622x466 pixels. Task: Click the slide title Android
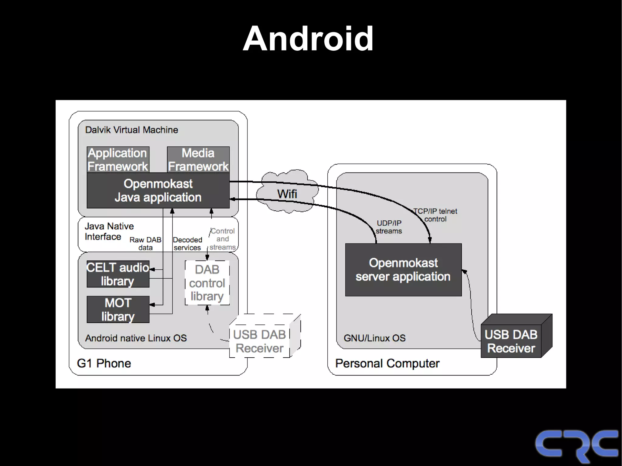(x=308, y=39)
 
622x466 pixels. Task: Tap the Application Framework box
(x=118, y=160)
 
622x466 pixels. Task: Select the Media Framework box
(x=198, y=160)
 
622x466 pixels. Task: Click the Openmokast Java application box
(x=158, y=191)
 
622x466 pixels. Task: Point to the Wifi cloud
(x=287, y=194)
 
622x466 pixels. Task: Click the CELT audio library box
(x=118, y=274)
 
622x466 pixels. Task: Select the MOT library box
(x=118, y=309)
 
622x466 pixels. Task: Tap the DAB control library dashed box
(x=207, y=283)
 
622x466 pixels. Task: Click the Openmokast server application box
(x=403, y=270)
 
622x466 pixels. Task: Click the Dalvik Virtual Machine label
(x=132, y=130)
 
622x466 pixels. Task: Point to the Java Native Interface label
(x=109, y=231)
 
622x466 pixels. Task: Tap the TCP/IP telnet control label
(x=435, y=215)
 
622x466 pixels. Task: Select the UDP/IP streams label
(x=389, y=227)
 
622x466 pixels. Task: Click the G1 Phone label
(x=104, y=363)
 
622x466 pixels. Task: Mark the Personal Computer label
(x=387, y=363)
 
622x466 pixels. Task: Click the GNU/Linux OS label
(x=374, y=338)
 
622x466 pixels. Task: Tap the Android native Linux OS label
(x=136, y=338)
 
